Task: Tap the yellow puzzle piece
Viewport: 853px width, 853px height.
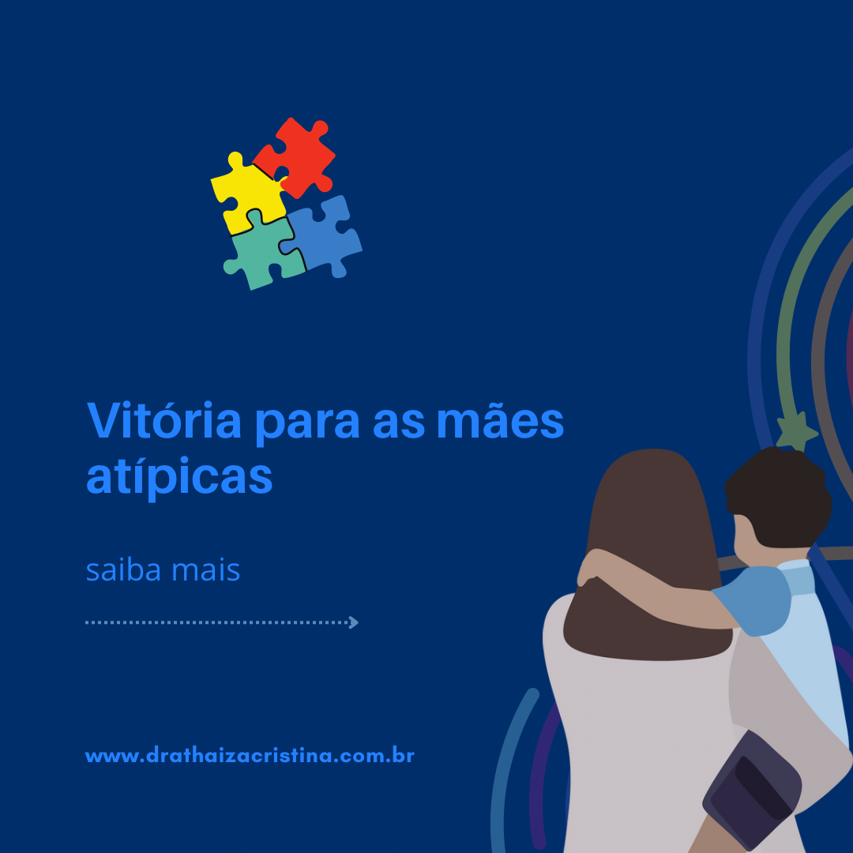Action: [247, 194]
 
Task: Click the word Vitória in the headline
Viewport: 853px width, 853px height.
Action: [163, 420]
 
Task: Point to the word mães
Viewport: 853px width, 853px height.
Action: [501, 420]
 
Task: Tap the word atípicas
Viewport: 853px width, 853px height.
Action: [179, 476]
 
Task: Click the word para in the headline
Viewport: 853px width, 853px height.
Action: [307, 425]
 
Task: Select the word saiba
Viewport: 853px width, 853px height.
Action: [123, 569]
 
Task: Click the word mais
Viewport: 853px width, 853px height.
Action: [205, 569]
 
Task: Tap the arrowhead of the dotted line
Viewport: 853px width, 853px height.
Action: [354, 622]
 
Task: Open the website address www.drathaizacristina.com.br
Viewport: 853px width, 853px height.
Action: [250, 756]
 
